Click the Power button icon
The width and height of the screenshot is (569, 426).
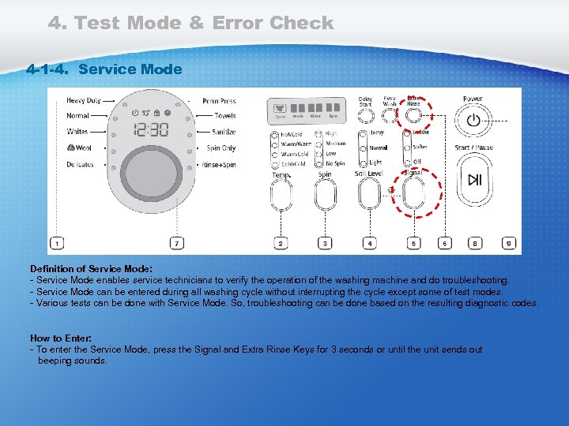point(473,121)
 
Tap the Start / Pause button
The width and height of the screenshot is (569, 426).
point(473,180)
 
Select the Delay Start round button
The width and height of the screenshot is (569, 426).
point(365,116)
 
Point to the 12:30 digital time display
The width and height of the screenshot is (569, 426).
point(149,129)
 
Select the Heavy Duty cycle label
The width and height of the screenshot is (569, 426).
point(83,101)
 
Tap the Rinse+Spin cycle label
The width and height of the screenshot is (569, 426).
point(219,165)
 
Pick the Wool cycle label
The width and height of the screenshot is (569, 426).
point(79,148)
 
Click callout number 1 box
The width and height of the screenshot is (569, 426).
point(55,244)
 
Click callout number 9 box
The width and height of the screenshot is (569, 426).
point(510,244)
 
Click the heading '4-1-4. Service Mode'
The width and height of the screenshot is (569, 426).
point(104,69)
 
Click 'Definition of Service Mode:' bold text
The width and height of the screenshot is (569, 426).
point(91,269)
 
